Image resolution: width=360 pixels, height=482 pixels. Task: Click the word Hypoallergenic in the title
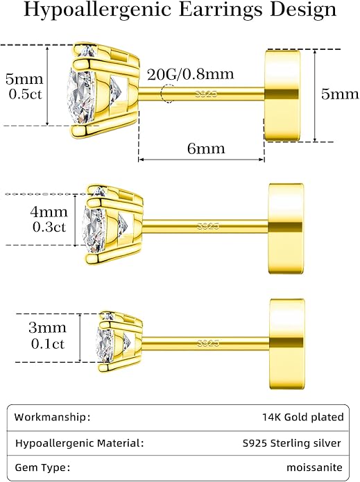pyautogui.click(x=97, y=10)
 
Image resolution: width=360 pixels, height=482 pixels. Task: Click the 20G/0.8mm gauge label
pyautogui.click(x=191, y=74)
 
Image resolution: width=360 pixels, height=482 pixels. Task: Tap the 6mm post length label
pyautogui.click(x=206, y=149)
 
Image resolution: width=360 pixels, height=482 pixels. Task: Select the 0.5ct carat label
pyautogui.click(x=25, y=94)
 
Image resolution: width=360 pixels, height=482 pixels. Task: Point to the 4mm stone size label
pyautogui.click(x=49, y=212)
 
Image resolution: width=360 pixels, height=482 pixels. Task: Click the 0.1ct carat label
pyautogui.click(x=48, y=344)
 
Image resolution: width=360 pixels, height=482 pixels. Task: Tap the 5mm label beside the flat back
pyautogui.click(x=340, y=94)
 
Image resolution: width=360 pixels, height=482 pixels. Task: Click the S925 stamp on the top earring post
pyautogui.click(x=206, y=94)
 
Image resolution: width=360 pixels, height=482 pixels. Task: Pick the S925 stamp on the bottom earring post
pyautogui.click(x=208, y=343)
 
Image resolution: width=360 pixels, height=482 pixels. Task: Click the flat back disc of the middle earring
pyautogui.click(x=286, y=228)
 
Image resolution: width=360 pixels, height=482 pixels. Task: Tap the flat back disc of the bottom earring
pyautogui.click(x=287, y=344)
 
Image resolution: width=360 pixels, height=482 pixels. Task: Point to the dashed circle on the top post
pyautogui.click(x=168, y=93)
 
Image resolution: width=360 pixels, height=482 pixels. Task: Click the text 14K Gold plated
pyautogui.click(x=303, y=417)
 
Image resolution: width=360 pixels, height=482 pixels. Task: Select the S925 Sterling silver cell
pyautogui.click(x=292, y=443)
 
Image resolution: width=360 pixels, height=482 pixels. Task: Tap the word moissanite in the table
pyautogui.click(x=314, y=467)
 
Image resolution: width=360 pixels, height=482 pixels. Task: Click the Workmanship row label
pyautogui.click(x=52, y=418)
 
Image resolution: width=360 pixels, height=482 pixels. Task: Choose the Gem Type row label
pyautogui.click(x=42, y=468)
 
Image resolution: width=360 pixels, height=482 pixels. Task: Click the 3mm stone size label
pyautogui.click(x=48, y=327)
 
